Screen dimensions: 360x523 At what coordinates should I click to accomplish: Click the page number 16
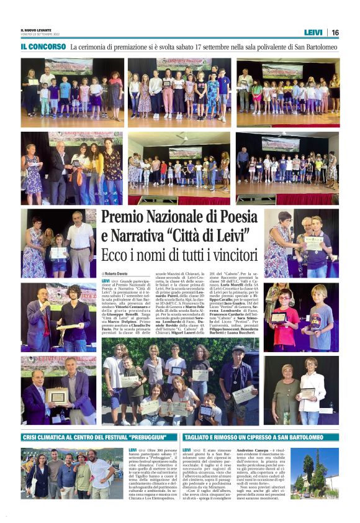click(x=335, y=32)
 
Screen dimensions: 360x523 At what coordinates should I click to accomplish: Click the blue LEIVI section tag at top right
click(x=313, y=32)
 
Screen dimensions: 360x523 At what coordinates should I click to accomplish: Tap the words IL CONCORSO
click(x=43, y=47)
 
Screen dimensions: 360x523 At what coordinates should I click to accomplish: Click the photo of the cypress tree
click(x=314, y=473)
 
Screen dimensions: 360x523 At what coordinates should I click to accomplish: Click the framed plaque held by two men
click(x=58, y=396)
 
